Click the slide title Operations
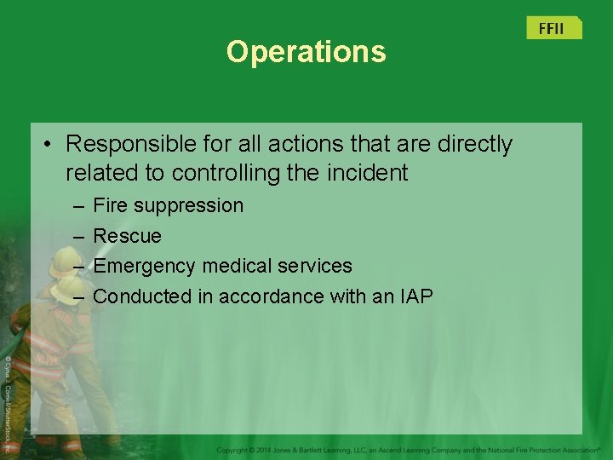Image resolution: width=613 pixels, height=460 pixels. click(x=306, y=52)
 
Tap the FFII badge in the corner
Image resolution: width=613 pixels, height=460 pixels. click(x=553, y=28)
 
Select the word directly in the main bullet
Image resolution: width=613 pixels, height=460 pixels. click(x=474, y=144)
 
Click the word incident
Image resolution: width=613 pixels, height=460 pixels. click(x=370, y=173)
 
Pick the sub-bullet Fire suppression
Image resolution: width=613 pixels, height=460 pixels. click(x=168, y=205)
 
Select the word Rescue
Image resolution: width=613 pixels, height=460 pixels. click(x=127, y=235)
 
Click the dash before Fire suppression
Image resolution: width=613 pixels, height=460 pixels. click(x=77, y=206)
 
